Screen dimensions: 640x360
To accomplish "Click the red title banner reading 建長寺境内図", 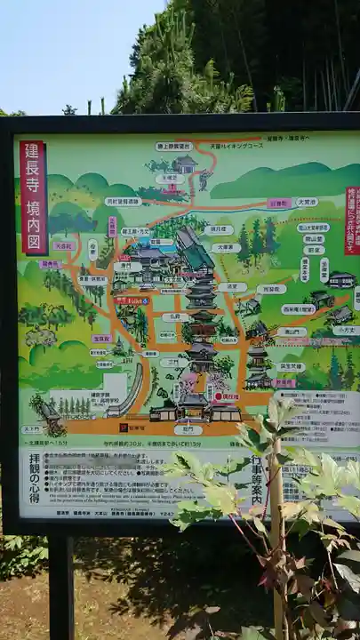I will [34, 197].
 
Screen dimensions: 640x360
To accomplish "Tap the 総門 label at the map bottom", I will [188, 429].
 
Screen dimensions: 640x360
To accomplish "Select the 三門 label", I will [173, 363].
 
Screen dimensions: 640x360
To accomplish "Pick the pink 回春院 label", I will [279, 203].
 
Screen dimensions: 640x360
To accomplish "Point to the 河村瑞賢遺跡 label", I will [123, 202].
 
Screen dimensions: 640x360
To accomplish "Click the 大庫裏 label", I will [225, 248].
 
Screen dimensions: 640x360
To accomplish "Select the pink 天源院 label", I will [63, 246].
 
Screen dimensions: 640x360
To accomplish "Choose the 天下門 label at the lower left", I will [31, 429].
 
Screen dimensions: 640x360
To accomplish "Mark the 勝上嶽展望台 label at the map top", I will [174, 146].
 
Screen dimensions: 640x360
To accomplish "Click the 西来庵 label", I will [299, 309].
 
